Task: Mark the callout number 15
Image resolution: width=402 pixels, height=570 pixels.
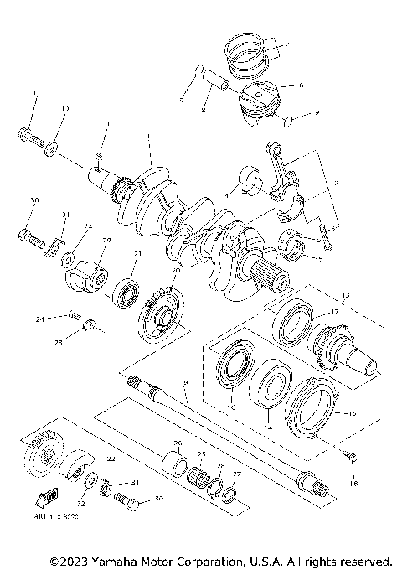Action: [351, 414]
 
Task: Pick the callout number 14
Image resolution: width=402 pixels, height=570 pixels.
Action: [268, 427]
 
